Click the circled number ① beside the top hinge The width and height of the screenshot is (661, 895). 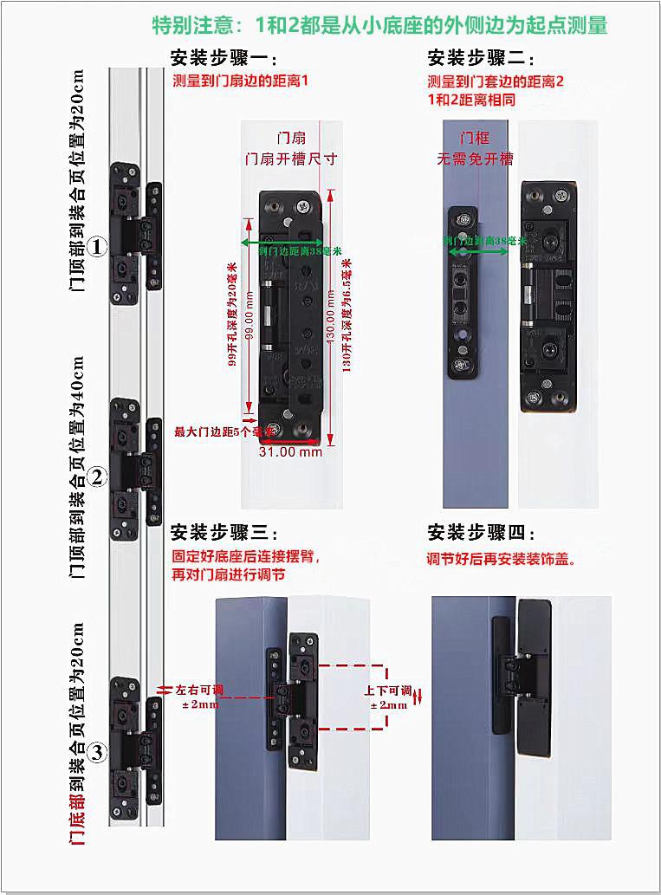(98, 247)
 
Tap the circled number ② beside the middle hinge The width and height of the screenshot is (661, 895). (98, 476)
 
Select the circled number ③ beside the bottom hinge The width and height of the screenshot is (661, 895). (98, 753)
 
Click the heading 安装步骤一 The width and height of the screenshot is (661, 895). (224, 60)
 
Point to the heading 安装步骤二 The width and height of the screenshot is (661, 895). (481, 60)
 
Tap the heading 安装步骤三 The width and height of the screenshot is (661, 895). (224, 532)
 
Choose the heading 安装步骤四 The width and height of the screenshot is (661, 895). (481, 532)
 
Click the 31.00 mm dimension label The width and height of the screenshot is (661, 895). (291, 451)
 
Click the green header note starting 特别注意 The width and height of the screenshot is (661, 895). (379, 25)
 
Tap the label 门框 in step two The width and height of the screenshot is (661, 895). (475, 138)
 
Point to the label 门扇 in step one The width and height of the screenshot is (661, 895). (290, 138)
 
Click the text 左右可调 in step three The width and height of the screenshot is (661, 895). (199, 691)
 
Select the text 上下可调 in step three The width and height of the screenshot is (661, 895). (387, 691)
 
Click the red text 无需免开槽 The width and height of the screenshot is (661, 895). (475, 159)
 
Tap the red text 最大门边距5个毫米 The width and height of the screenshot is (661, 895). (224, 431)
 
